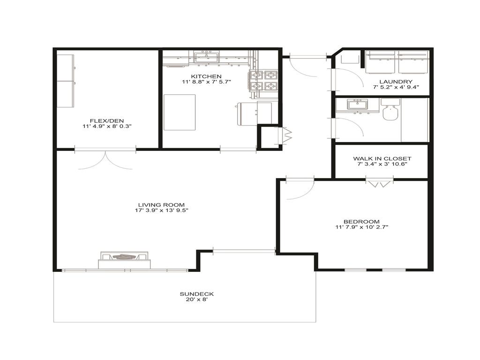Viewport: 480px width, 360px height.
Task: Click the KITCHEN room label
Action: click(206, 76)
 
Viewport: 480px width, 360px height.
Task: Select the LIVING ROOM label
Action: click(161, 204)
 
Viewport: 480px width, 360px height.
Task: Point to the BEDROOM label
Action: click(361, 222)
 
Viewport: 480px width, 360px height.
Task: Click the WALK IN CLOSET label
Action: click(382, 158)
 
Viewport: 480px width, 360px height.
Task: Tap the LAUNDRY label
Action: click(396, 82)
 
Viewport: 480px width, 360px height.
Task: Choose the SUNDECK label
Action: click(197, 294)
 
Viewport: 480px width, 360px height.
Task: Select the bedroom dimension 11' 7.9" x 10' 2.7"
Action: click(361, 227)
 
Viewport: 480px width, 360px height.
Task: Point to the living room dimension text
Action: click(161, 210)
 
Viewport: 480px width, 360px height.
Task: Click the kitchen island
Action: click(180, 112)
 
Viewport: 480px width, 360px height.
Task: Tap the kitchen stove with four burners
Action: click(264, 81)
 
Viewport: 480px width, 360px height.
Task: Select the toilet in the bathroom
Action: click(390, 111)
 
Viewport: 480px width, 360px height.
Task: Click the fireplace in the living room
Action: click(125, 259)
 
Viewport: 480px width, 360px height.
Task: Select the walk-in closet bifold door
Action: click(379, 183)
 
